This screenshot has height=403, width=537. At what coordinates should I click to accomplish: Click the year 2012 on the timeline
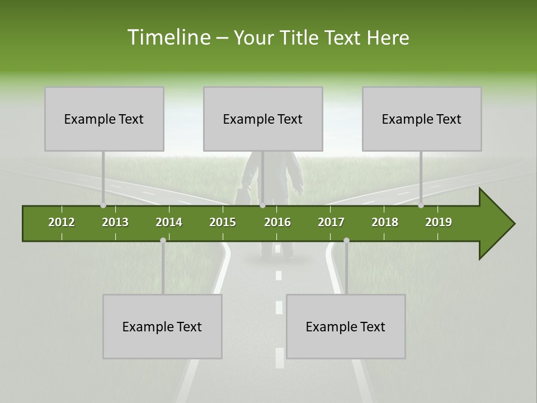point(62,222)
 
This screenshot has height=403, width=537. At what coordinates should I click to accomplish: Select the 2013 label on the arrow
point(115,222)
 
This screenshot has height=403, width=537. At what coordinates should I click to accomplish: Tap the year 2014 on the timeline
point(169,222)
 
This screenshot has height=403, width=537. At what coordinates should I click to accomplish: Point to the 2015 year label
point(223,222)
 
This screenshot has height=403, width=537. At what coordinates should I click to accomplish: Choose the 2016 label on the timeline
point(277,222)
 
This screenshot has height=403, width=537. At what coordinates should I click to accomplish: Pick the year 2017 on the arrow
point(331,222)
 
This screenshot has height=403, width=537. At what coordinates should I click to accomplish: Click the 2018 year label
point(385,222)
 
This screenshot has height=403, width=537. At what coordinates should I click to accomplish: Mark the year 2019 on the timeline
point(439,222)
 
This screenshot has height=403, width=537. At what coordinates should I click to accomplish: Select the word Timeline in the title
point(168,38)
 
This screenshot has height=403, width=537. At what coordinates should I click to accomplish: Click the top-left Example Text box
point(104,119)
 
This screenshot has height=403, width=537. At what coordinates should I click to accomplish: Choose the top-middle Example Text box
point(263,119)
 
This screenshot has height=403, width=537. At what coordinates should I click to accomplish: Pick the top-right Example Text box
point(422,119)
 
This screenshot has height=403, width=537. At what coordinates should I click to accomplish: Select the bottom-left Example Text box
point(162,326)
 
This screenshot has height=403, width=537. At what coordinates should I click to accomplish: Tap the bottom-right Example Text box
point(346,326)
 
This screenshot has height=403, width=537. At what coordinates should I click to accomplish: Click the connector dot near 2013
point(103,205)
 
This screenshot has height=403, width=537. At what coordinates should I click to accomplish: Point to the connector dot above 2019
point(421,205)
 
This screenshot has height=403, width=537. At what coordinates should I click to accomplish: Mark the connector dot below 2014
point(163,241)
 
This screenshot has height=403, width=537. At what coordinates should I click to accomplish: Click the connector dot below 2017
point(346,241)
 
